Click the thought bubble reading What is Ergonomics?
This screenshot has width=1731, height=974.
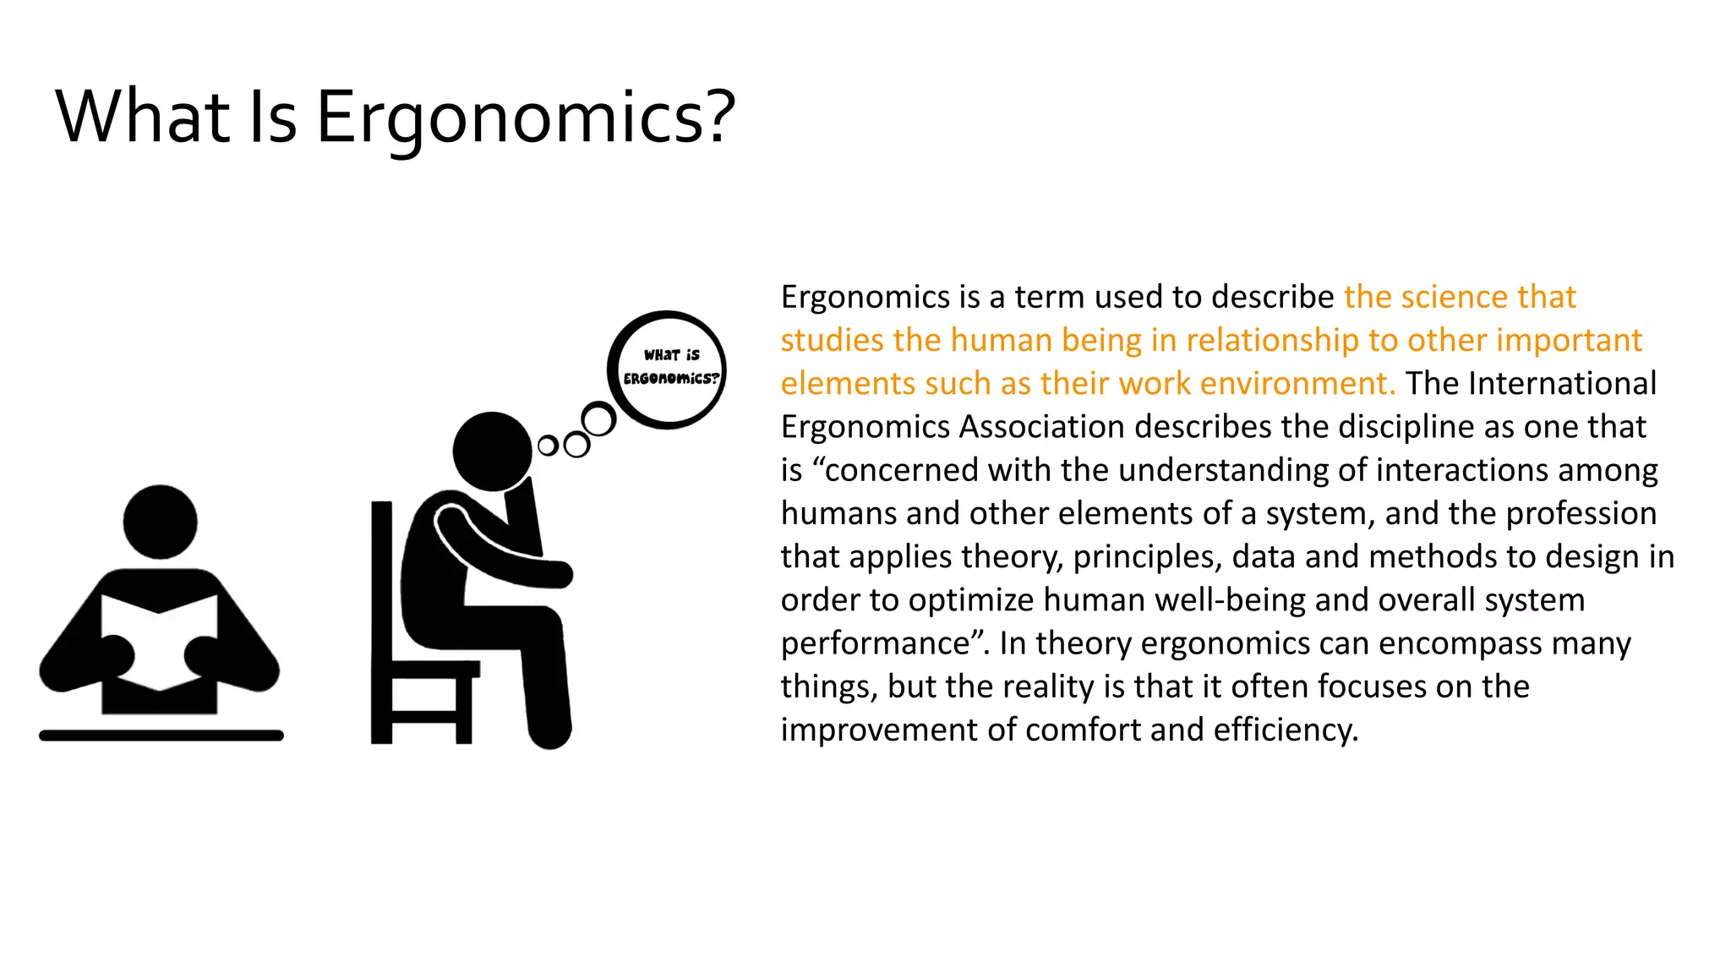click(x=668, y=369)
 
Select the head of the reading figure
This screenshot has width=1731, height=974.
click(x=160, y=522)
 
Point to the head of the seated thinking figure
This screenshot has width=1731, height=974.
click(x=492, y=451)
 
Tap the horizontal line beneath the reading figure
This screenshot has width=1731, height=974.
click(x=161, y=736)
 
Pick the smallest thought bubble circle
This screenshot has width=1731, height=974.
click(x=548, y=446)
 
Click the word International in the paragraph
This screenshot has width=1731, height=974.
click(x=1562, y=383)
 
